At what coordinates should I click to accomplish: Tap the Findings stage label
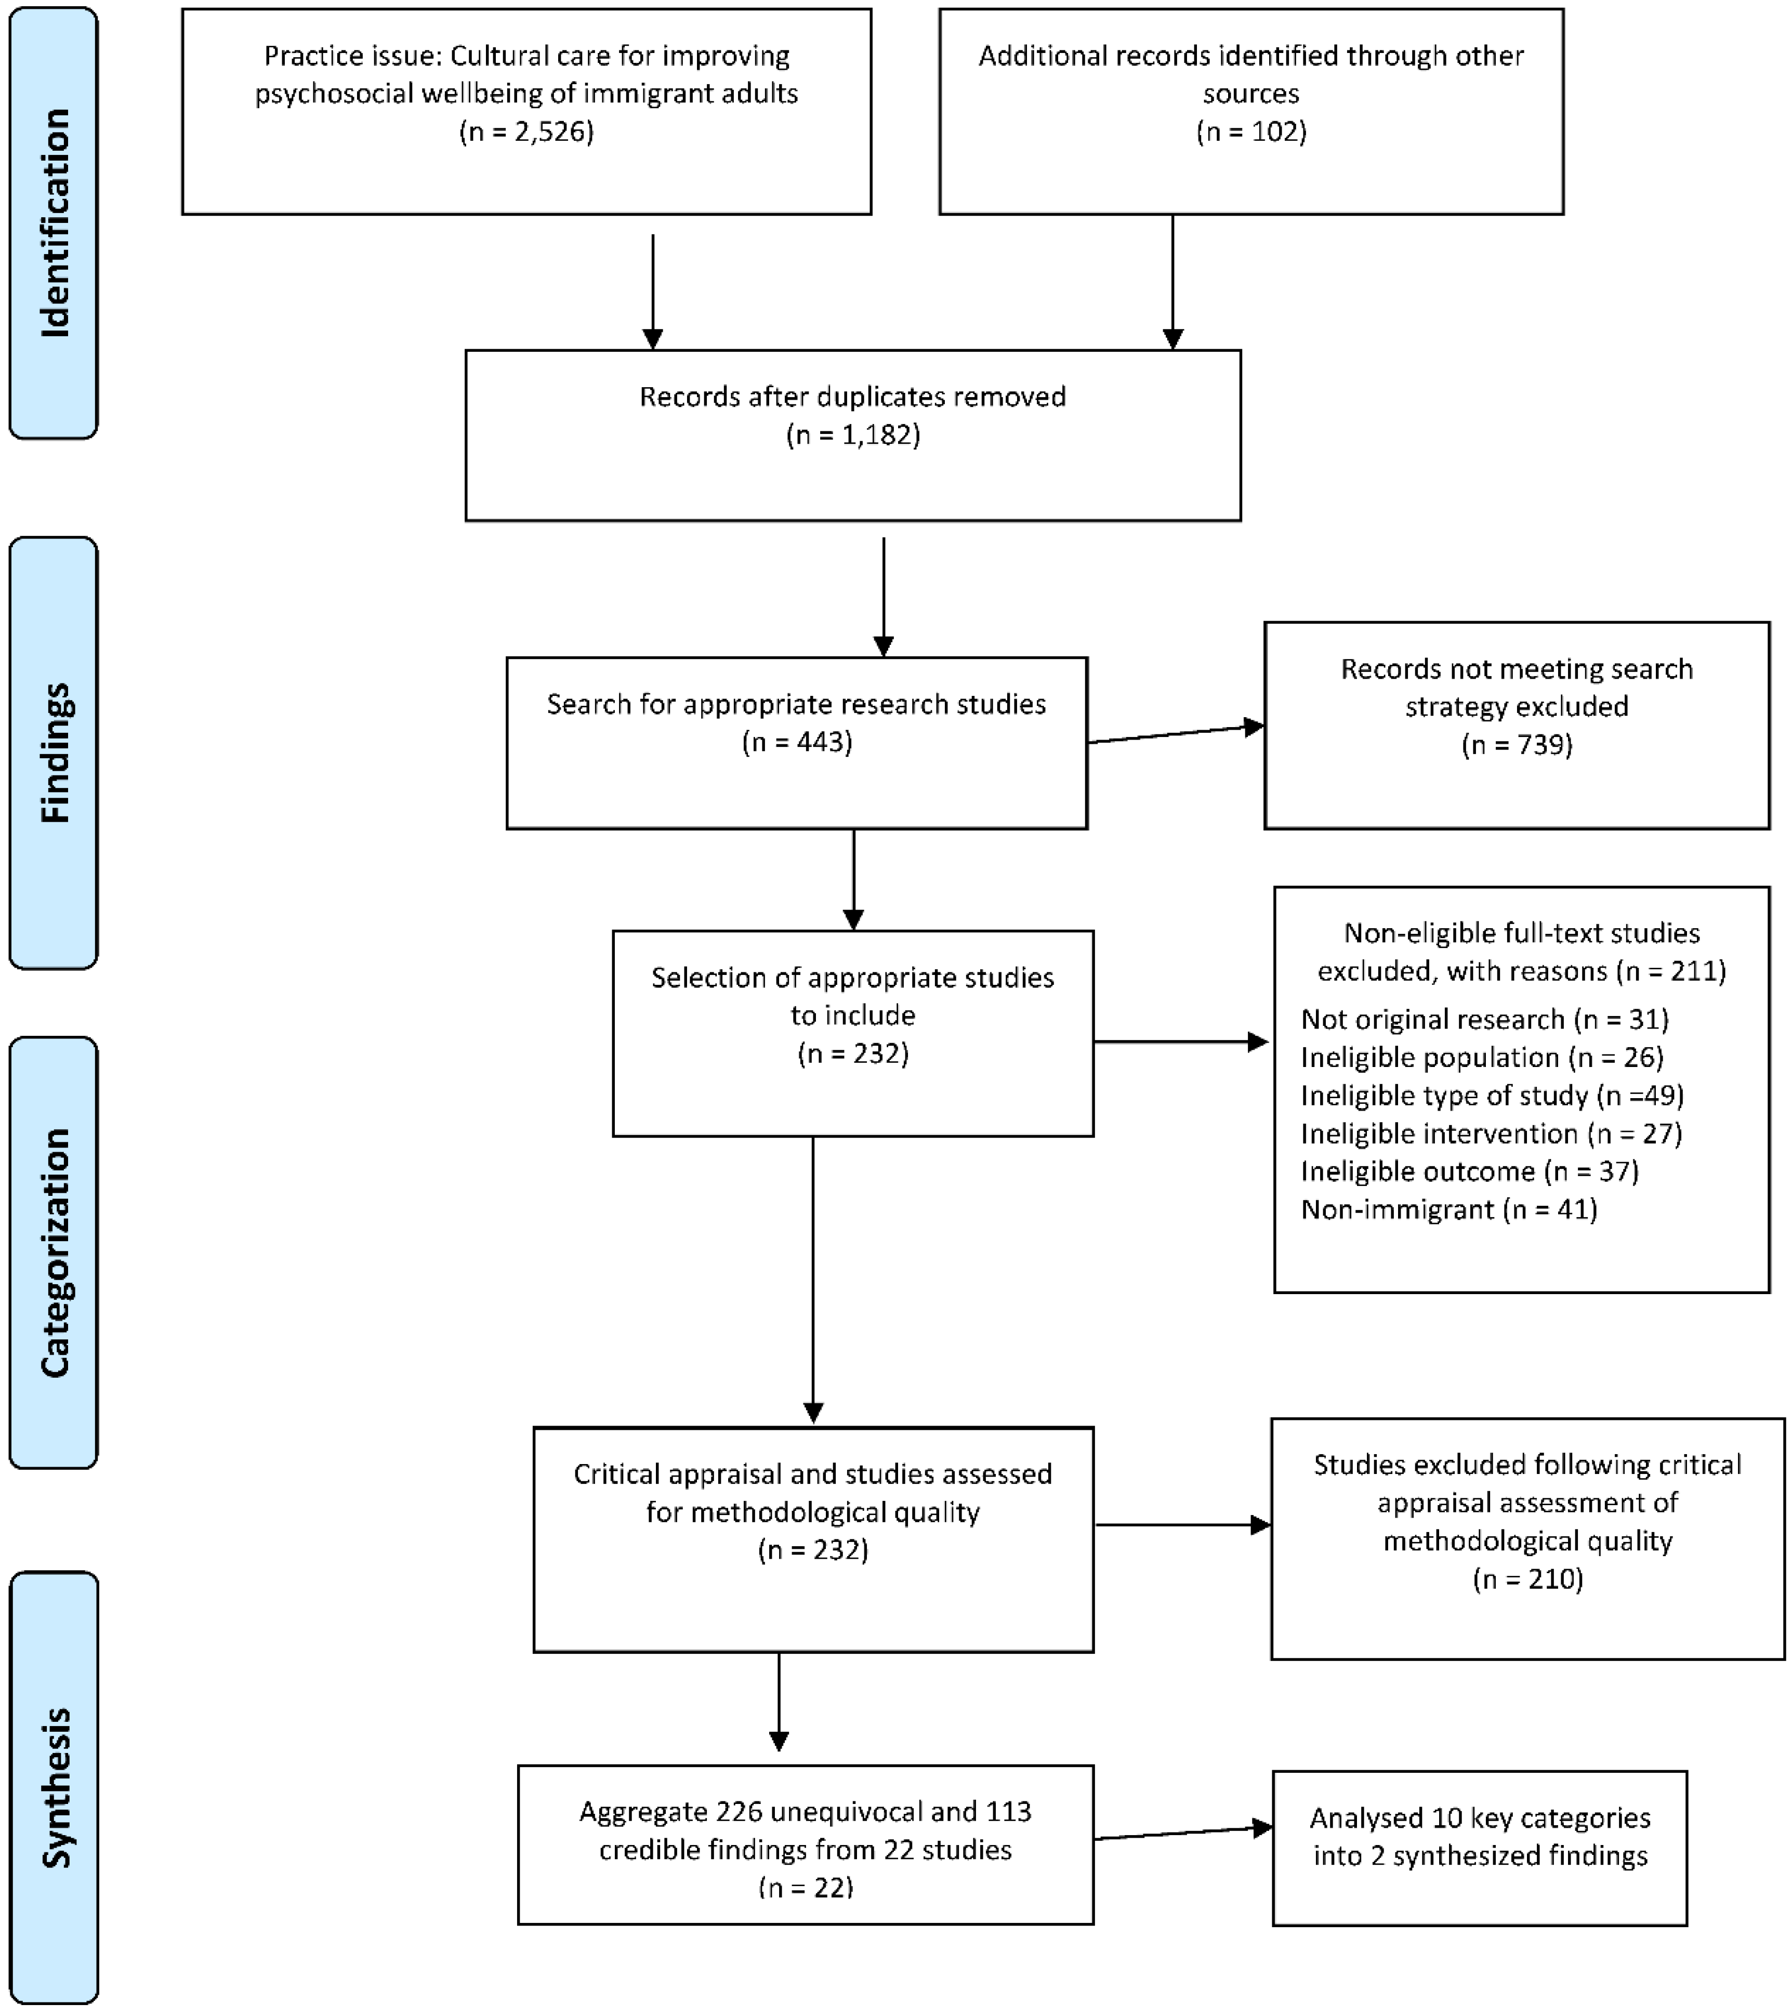(54, 753)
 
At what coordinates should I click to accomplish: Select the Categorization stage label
(54, 1253)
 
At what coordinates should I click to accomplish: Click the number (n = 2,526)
(526, 131)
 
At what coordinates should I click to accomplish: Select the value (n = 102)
(1250, 131)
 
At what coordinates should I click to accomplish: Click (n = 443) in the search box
(797, 742)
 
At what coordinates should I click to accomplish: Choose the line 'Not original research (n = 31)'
(1484, 1019)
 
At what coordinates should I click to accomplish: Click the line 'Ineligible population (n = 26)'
(1481, 1057)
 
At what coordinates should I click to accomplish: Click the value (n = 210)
(1527, 1579)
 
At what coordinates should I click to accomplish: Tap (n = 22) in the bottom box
(806, 1887)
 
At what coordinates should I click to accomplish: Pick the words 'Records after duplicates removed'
(853, 397)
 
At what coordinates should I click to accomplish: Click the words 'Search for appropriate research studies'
(797, 704)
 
